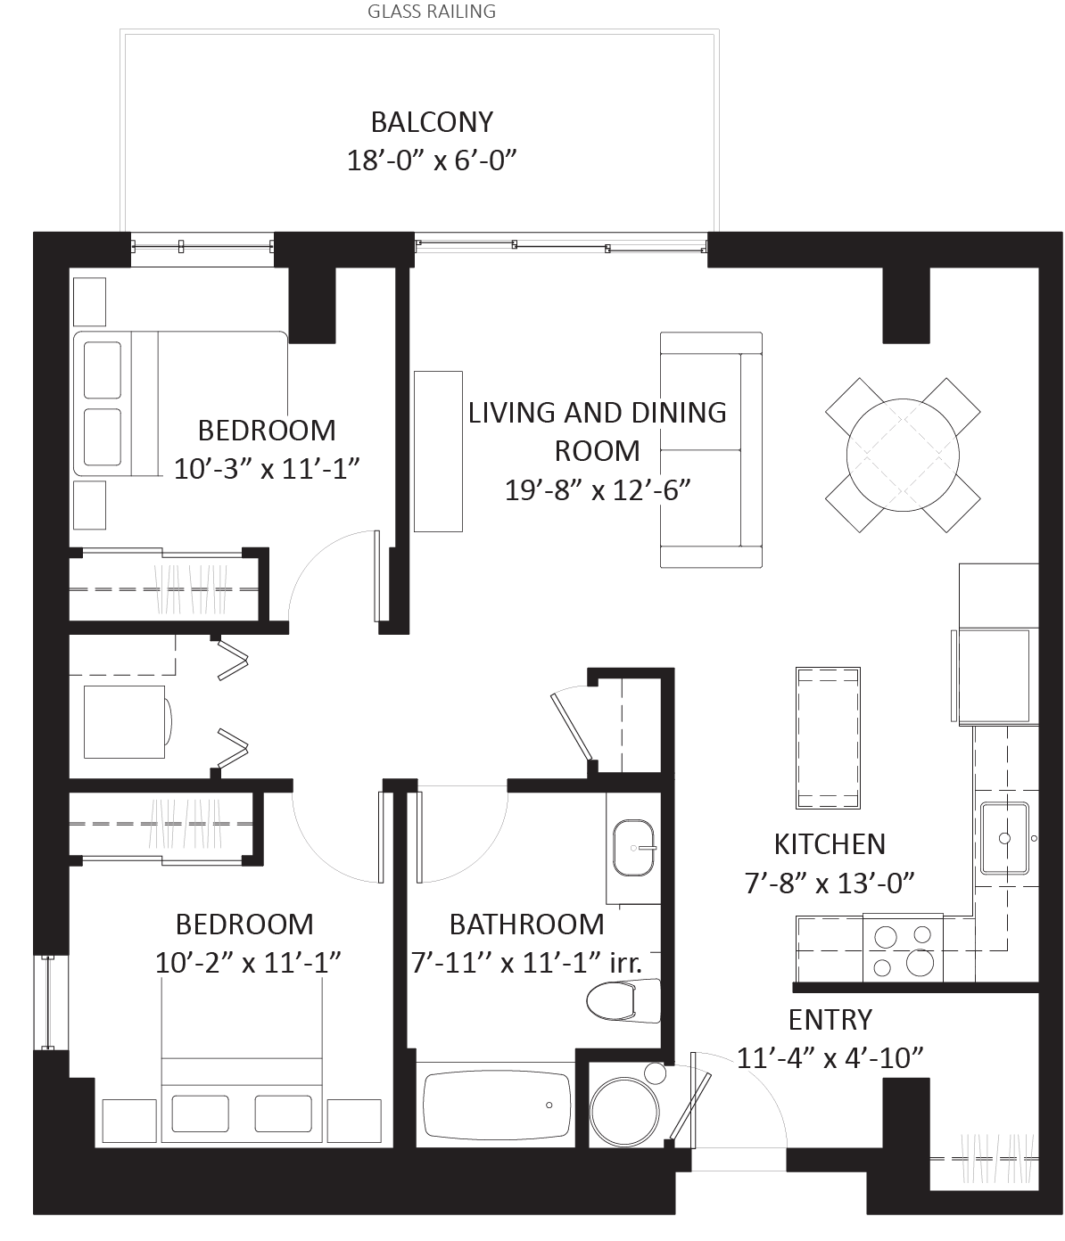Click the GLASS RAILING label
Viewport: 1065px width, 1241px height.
point(432,11)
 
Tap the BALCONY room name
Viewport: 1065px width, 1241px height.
point(432,122)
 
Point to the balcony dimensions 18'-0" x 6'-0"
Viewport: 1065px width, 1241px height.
point(432,160)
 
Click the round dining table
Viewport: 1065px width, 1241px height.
point(903,455)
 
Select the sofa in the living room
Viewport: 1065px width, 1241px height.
point(711,450)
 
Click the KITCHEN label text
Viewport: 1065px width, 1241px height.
point(830,844)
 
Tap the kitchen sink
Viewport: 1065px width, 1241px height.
point(1005,838)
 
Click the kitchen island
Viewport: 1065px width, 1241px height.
point(828,738)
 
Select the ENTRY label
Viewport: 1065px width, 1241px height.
point(830,1020)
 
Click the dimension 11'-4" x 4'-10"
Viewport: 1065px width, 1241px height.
point(830,1057)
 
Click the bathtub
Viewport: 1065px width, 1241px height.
point(497,1104)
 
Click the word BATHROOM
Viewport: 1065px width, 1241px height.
point(528,925)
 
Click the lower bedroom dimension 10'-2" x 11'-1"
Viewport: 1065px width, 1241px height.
point(245,963)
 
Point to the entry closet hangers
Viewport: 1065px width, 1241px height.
point(996,1159)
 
